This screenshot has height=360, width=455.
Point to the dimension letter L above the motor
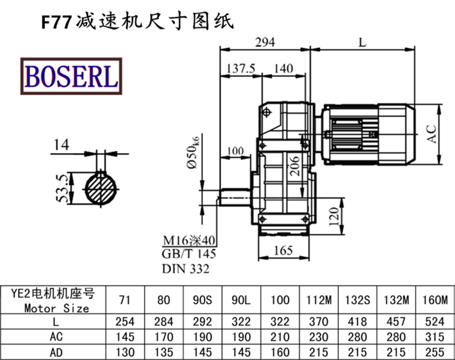tap(362, 42)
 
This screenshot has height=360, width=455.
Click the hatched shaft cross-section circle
tap(103, 189)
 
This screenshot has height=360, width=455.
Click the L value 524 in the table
tap(435, 321)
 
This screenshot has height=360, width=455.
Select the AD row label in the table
tap(56, 351)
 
